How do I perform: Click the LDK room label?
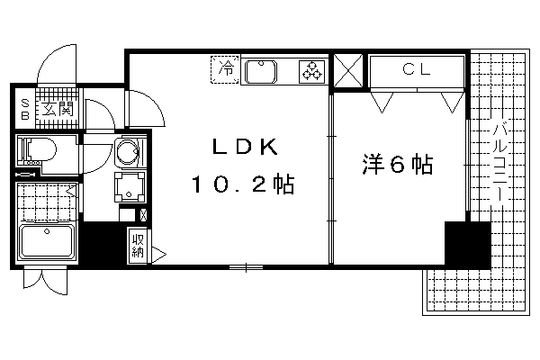point(245,147)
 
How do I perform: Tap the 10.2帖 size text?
point(243,184)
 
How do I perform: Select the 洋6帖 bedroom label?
point(398,165)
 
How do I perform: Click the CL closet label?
point(417,70)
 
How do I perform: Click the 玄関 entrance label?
point(58,109)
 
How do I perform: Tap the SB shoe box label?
point(25,109)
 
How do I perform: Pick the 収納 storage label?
point(138,246)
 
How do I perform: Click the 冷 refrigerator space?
point(225,69)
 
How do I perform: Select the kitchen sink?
point(261,72)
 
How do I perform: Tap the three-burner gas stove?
point(312,71)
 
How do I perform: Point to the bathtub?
point(47,241)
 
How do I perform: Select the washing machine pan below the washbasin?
point(130,187)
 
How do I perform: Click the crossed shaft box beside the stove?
point(348,70)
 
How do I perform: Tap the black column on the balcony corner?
point(467,244)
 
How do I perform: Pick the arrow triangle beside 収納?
point(158,255)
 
